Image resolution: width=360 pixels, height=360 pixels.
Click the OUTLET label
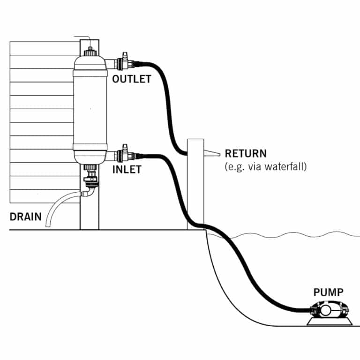132,79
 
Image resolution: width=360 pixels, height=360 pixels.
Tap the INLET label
127,170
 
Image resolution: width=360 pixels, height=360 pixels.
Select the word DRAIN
25,217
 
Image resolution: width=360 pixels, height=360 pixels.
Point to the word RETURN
246,153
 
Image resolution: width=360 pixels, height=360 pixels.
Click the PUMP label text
328,293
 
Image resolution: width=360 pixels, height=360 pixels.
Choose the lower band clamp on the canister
89,150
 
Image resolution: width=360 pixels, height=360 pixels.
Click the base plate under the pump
328,322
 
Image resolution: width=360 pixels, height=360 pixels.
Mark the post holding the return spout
195,187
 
